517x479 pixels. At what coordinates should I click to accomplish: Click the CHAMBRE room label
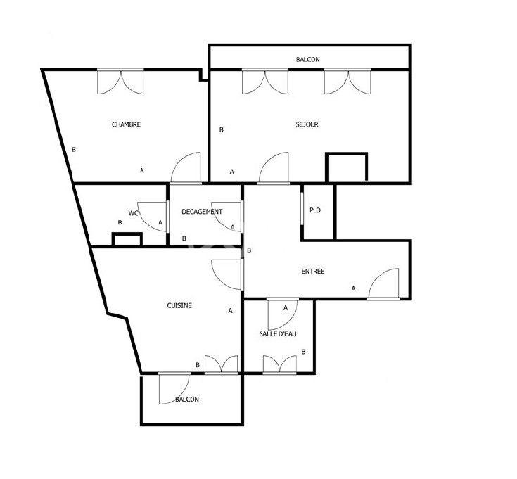pos(127,125)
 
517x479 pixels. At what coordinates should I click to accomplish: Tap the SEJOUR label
pos(307,125)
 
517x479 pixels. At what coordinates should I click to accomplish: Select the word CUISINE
pos(179,306)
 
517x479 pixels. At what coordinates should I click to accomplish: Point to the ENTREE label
pos(313,272)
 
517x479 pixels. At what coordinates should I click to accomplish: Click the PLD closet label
pos(315,210)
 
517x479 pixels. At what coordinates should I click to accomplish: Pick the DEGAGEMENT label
pos(202,212)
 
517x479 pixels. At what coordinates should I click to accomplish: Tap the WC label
pos(133,213)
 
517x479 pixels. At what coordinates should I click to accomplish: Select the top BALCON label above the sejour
pos(307,60)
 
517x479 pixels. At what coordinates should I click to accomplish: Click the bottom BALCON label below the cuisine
pos(186,400)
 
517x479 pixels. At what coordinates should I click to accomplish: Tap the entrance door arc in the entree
pos(384,283)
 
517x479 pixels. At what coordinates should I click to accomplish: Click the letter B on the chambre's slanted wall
pos(73,149)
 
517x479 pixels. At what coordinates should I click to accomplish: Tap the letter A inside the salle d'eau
pos(286,308)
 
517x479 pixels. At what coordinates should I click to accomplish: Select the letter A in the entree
pos(353,288)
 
